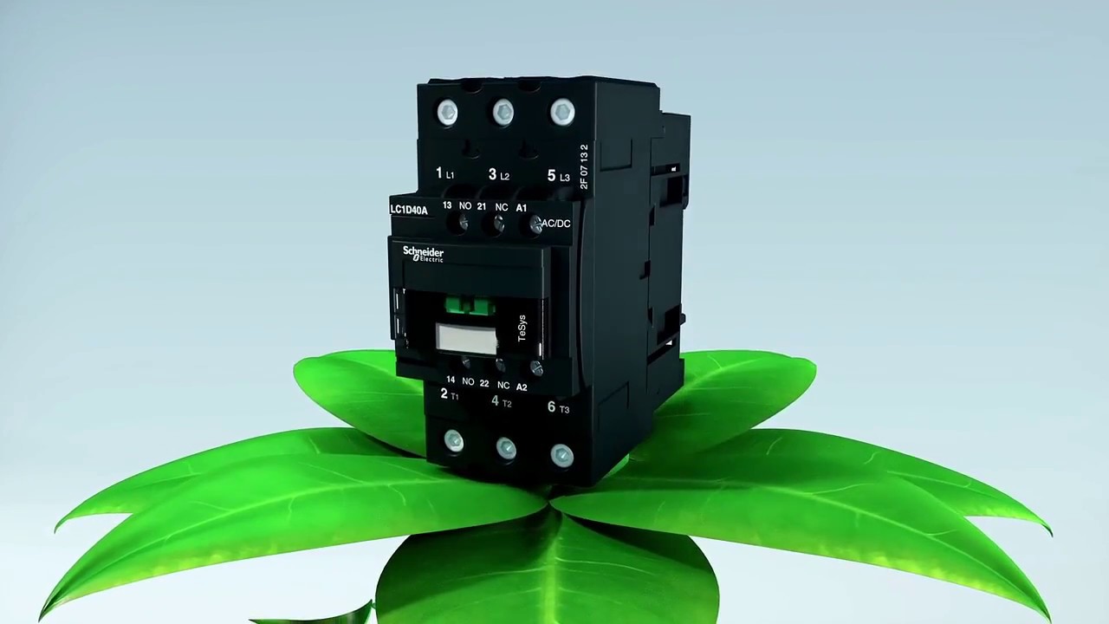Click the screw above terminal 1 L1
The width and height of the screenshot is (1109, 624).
(x=447, y=113)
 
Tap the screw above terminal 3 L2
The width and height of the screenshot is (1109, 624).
(x=503, y=112)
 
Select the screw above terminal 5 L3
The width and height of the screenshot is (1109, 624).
(x=562, y=112)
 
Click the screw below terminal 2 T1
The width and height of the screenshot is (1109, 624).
(x=453, y=442)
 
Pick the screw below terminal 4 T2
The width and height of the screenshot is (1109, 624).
(x=506, y=448)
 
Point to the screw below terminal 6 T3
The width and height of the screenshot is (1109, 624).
(x=561, y=454)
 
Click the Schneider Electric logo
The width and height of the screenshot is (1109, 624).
(x=423, y=254)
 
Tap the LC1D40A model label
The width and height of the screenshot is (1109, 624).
(x=409, y=210)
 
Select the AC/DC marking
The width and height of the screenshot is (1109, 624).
(x=555, y=224)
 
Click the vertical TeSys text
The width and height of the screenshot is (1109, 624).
(x=522, y=328)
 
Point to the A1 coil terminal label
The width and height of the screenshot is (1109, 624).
(x=522, y=208)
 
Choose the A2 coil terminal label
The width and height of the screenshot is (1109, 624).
(x=522, y=387)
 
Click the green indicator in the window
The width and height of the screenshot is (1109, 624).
(x=469, y=305)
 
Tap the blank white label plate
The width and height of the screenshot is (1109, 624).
(x=466, y=338)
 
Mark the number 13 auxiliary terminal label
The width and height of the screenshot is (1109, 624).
(x=447, y=205)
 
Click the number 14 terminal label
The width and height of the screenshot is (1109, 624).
(x=451, y=380)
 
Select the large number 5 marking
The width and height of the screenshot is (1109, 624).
(x=551, y=175)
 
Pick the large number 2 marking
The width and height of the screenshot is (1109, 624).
(x=444, y=393)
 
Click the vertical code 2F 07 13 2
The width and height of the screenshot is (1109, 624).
(x=584, y=166)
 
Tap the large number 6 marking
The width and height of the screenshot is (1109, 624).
(x=551, y=406)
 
